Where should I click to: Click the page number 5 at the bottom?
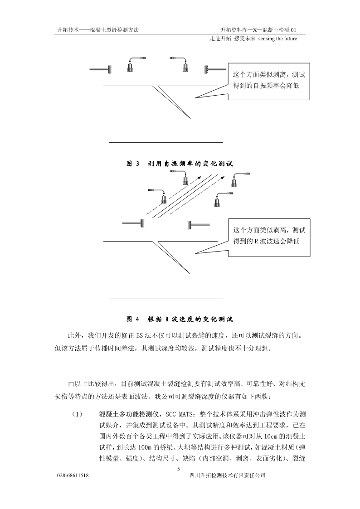point(178,468)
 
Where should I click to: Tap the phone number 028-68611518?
point(73,475)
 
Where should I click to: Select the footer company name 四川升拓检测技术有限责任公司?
point(227,475)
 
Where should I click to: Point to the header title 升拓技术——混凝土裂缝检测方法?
point(98,30)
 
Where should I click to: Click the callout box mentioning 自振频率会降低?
point(269,81)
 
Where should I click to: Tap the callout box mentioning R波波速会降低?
point(269,237)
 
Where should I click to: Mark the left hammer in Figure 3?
point(101,69)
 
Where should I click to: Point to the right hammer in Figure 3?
point(215,69)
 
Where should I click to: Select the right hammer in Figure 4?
point(198,224)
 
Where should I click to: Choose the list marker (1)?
point(77,415)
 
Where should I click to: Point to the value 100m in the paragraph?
point(145,448)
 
